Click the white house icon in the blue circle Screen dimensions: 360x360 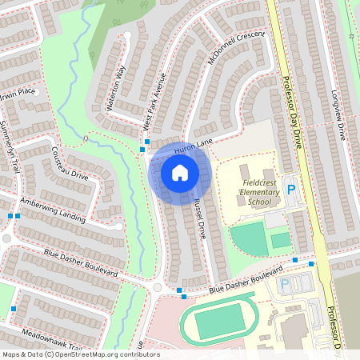(180, 172)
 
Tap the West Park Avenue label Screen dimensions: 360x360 (153, 102)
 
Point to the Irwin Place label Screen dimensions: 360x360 (18, 93)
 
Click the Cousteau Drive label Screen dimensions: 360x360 (69, 162)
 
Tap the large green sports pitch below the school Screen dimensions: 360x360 (250, 239)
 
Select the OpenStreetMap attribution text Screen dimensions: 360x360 (80, 354)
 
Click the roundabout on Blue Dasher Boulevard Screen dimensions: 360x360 (157, 287)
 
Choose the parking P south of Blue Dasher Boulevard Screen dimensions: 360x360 (284, 285)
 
